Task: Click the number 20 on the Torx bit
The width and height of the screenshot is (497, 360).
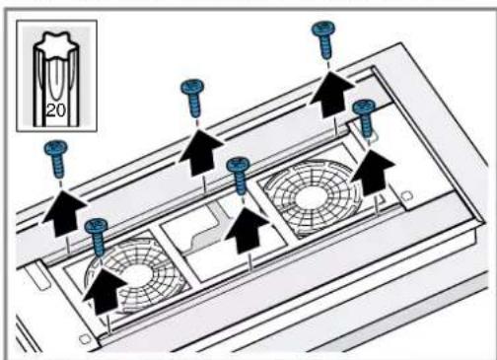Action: coord(56,110)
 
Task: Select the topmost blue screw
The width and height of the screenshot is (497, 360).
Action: coord(324,38)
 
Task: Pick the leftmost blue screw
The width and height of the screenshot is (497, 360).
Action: coord(56,158)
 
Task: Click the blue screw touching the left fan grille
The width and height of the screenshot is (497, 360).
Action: coord(97,236)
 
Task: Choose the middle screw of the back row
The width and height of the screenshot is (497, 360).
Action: coord(193,98)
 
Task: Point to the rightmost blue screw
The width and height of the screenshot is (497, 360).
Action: coord(364,119)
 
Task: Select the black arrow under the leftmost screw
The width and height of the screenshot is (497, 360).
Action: coord(63,213)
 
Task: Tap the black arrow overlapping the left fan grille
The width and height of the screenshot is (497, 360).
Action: coord(105,291)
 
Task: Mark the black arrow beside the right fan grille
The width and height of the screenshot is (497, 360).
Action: coord(373,173)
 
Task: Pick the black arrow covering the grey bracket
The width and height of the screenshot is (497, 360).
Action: coord(247,231)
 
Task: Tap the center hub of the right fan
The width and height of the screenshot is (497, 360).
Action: coord(310,197)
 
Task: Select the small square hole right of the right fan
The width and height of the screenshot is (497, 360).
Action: coord(407,196)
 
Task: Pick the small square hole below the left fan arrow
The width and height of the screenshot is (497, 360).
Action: coord(85,339)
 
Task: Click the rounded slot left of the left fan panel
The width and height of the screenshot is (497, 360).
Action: coord(39,275)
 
